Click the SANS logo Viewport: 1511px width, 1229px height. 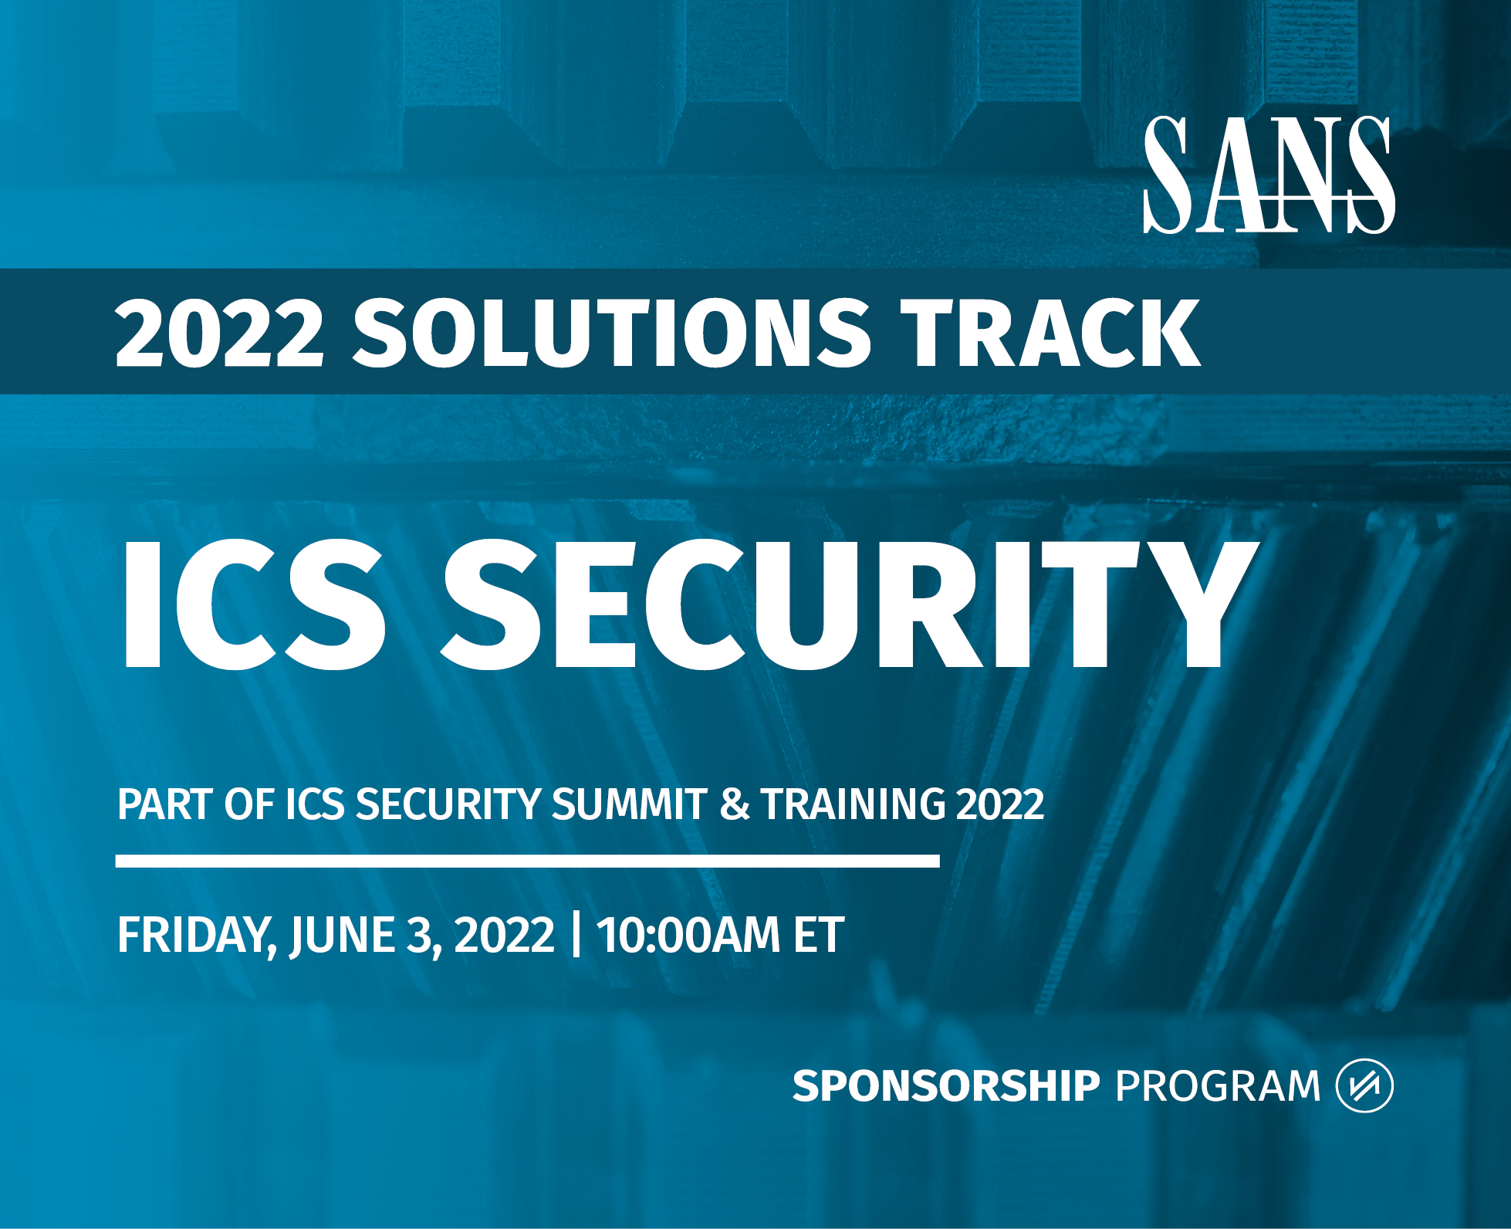pyautogui.click(x=1269, y=174)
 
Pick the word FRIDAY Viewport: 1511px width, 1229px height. pyautogui.click(x=197, y=936)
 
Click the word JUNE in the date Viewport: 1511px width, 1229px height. pyautogui.click(x=341, y=936)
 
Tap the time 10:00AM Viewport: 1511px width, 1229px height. pyautogui.click(x=688, y=935)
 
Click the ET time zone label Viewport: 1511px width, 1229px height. pyautogui.click(x=819, y=935)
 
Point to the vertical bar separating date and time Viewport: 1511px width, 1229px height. pyautogui.click(x=576, y=935)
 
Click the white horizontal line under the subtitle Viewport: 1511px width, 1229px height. pyautogui.click(x=527, y=861)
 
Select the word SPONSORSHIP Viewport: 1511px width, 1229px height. pyautogui.click(x=946, y=1085)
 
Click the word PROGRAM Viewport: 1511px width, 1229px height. pyautogui.click(x=1218, y=1085)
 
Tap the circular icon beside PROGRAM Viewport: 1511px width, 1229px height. pyautogui.click(x=1364, y=1085)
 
